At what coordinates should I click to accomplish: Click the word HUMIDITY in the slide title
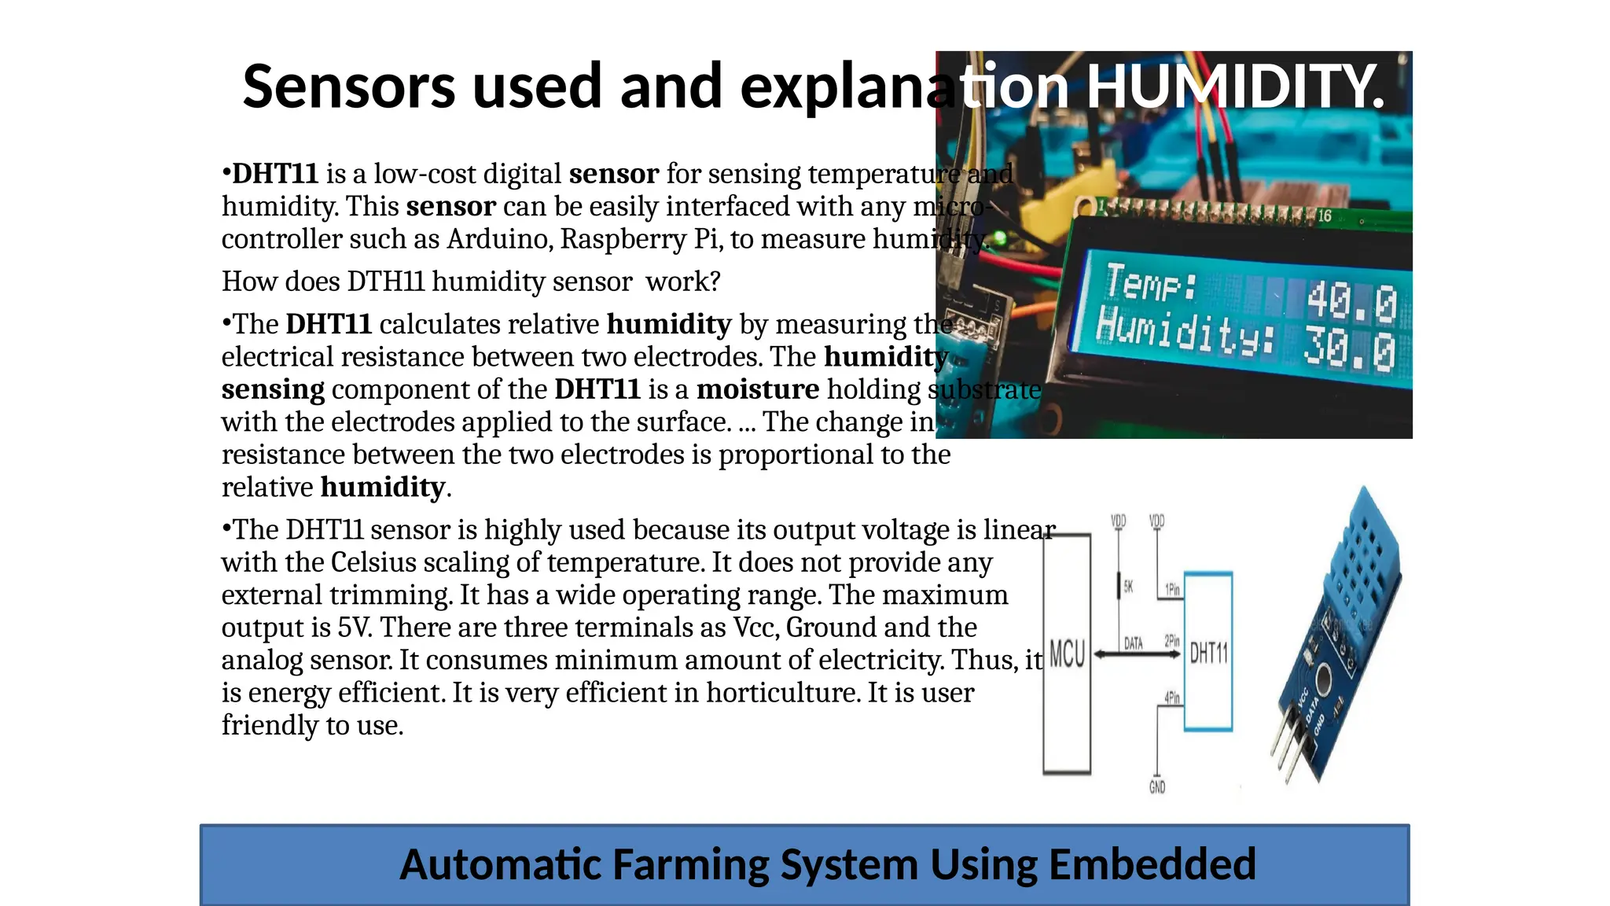point(1234,86)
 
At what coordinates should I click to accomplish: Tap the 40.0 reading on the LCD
point(1351,303)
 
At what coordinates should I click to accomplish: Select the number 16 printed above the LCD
point(1325,215)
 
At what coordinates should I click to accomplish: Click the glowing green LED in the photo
point(1001,236)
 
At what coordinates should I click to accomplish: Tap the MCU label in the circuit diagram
point(1067,654)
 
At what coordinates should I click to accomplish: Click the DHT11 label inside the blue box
point(1208,653)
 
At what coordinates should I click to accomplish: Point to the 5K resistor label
point(1128,587)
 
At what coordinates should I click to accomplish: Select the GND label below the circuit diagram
point(1157,787)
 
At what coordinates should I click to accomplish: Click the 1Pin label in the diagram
point(1172,589)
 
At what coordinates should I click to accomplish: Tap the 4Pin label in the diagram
point(1172,698)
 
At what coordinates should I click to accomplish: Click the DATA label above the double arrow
point(1133,643)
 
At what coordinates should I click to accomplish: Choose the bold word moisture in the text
point(758,389)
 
